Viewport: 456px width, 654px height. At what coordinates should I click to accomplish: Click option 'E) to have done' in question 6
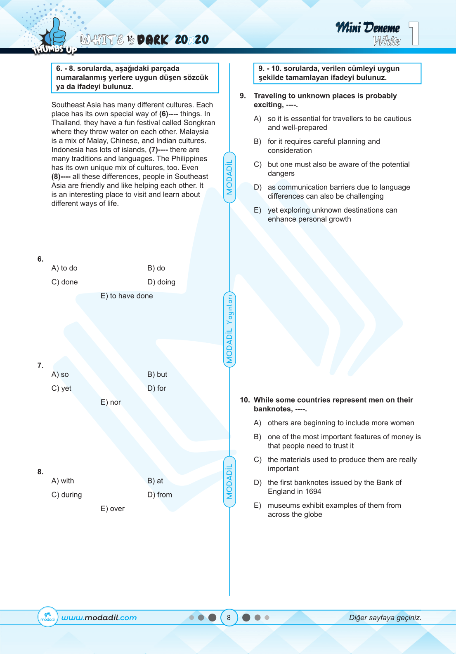[127, 296]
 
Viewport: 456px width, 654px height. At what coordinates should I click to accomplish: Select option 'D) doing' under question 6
[161, 282]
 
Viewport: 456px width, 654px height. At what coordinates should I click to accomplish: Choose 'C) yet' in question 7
[61, 388]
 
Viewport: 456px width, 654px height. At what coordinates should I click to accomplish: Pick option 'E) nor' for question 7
[111, 402]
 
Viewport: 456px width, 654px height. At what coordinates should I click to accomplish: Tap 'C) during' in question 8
[67, 495]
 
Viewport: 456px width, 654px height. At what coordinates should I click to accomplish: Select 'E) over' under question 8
[113, 509]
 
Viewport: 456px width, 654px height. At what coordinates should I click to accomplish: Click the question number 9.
[243, 96]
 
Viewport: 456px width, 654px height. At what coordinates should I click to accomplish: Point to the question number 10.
[245, 400]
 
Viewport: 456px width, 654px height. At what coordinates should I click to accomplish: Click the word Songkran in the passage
[199, 123]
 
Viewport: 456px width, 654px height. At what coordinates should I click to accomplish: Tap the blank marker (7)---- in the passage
[158, 150]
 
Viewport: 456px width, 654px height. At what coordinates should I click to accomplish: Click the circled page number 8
[229, 617]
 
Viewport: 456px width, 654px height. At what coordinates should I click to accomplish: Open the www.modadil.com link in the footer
[99, 618]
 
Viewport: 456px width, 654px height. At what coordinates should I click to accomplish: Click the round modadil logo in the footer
[48, 617]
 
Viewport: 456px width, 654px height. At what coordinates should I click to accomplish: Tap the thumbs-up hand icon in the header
[55, 33]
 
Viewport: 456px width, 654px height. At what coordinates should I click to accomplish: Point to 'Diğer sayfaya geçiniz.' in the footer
[385, 618]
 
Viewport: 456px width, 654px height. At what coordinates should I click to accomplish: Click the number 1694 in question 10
[313, 491]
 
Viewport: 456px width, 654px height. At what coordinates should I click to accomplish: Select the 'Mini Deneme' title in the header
[367, 28]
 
